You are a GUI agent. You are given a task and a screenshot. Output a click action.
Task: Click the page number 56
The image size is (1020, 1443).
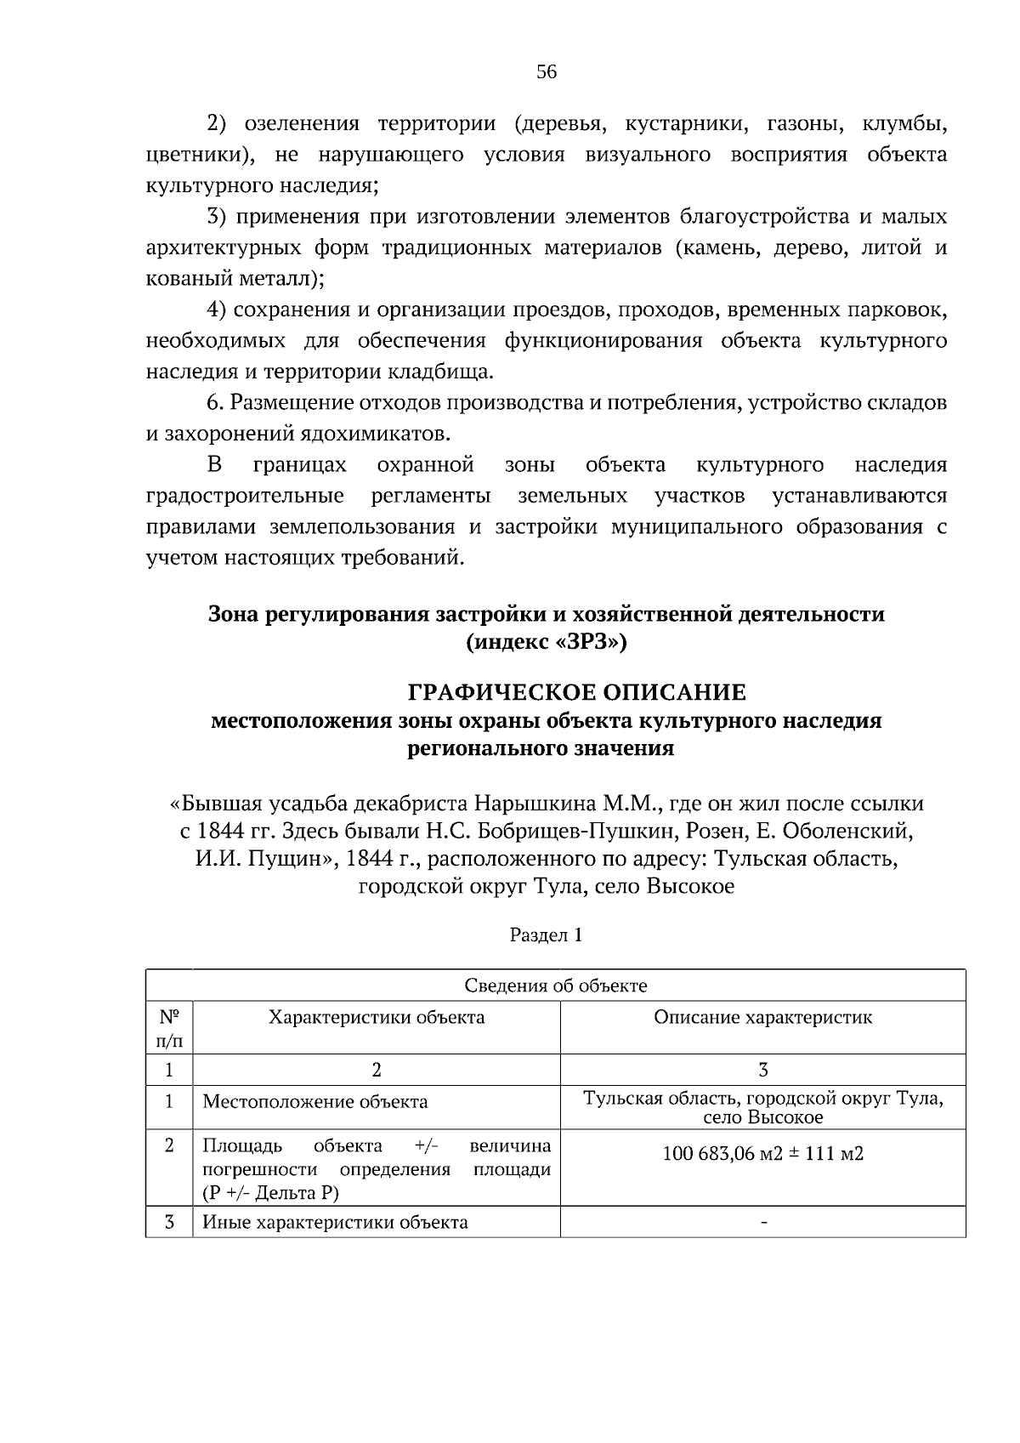(547, 72)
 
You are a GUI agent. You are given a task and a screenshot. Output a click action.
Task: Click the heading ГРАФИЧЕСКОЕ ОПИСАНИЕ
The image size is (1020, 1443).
(577, 692)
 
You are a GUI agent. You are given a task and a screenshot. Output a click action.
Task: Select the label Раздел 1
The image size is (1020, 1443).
(546, 935)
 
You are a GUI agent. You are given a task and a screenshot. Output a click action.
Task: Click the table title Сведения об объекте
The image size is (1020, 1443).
(556, 986)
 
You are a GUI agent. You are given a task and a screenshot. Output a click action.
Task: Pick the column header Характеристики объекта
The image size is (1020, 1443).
(377, 1018)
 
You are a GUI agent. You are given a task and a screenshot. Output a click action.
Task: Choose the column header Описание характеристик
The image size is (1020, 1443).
(762, 1018)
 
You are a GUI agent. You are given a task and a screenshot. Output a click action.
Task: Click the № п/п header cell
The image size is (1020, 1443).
(169, 1027)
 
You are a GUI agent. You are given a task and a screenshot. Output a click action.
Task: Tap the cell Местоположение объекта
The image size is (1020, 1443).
(315, 1102)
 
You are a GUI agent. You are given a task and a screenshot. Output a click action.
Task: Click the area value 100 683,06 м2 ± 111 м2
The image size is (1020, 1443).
(762, 1154)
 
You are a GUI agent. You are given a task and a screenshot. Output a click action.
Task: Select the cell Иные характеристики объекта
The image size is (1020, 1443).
(335, 1223)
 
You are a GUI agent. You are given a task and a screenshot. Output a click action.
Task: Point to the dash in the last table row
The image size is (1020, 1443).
(763, 1223)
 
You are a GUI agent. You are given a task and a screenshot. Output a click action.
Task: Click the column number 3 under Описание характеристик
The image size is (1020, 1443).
(763, 1070)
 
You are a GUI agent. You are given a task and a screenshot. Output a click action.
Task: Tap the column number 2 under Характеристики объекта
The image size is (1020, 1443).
(377, 1070)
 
